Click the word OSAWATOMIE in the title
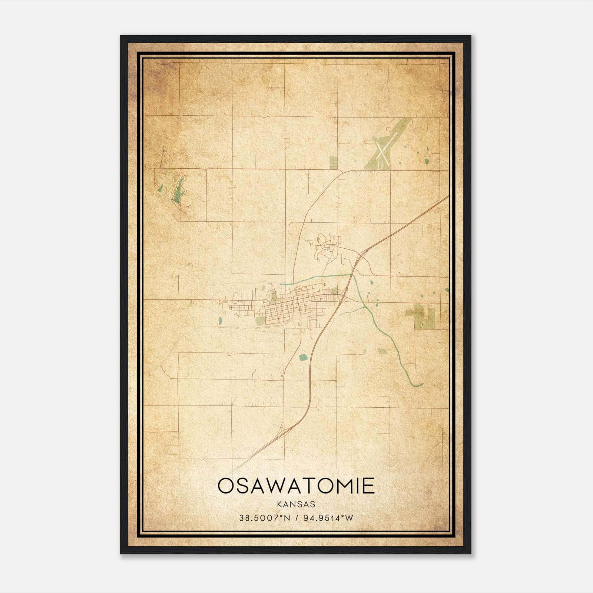296,486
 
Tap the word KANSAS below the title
296,504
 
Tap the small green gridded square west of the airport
334,162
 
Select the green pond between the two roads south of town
303,357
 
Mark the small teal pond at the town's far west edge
221,320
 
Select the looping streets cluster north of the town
326,246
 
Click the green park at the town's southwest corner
261,320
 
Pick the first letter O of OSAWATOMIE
225,486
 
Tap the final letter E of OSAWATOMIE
368,486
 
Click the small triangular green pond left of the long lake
160,188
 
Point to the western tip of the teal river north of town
281,284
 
